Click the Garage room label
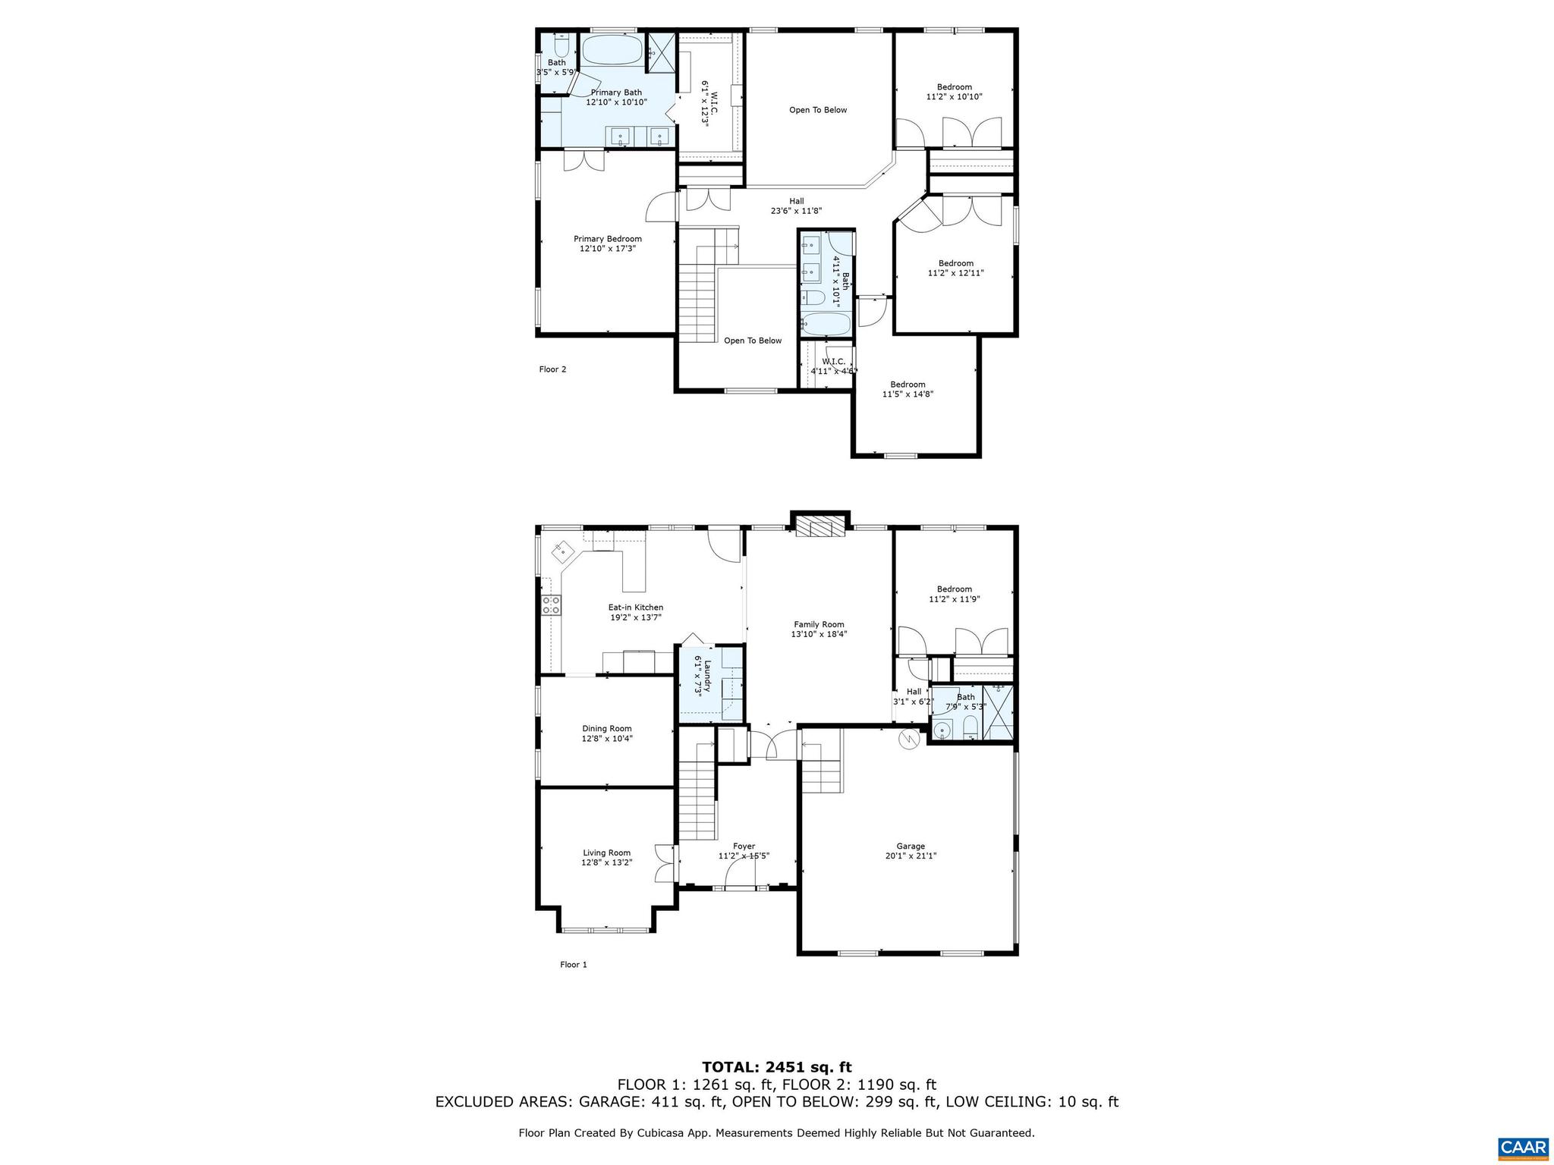pyautogui.click(x=910, y=846)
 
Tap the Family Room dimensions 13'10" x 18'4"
pyautogui.click(x=819, y=634)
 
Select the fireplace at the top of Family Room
pyautogui.click(x=820, y=527)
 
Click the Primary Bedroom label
pyautogui.click(x=607, y=239)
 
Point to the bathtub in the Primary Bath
pyautogui.click(x=612, y=52)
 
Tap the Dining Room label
pyautogui.click(x=606, y=728)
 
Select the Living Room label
pyautogui.click(x=606, y=853)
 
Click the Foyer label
pyautogui.click(x=744, y=846)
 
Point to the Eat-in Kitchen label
pyautogui.click(x=635, y=607)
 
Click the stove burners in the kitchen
pyautogui.click(x=551, y=604)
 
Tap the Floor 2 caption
pyautogui.click(x=552, y=369)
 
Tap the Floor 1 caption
pyautogui.click(x=574, y=965)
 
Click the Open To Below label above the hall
pyautogui.click(x=817, y=110)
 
